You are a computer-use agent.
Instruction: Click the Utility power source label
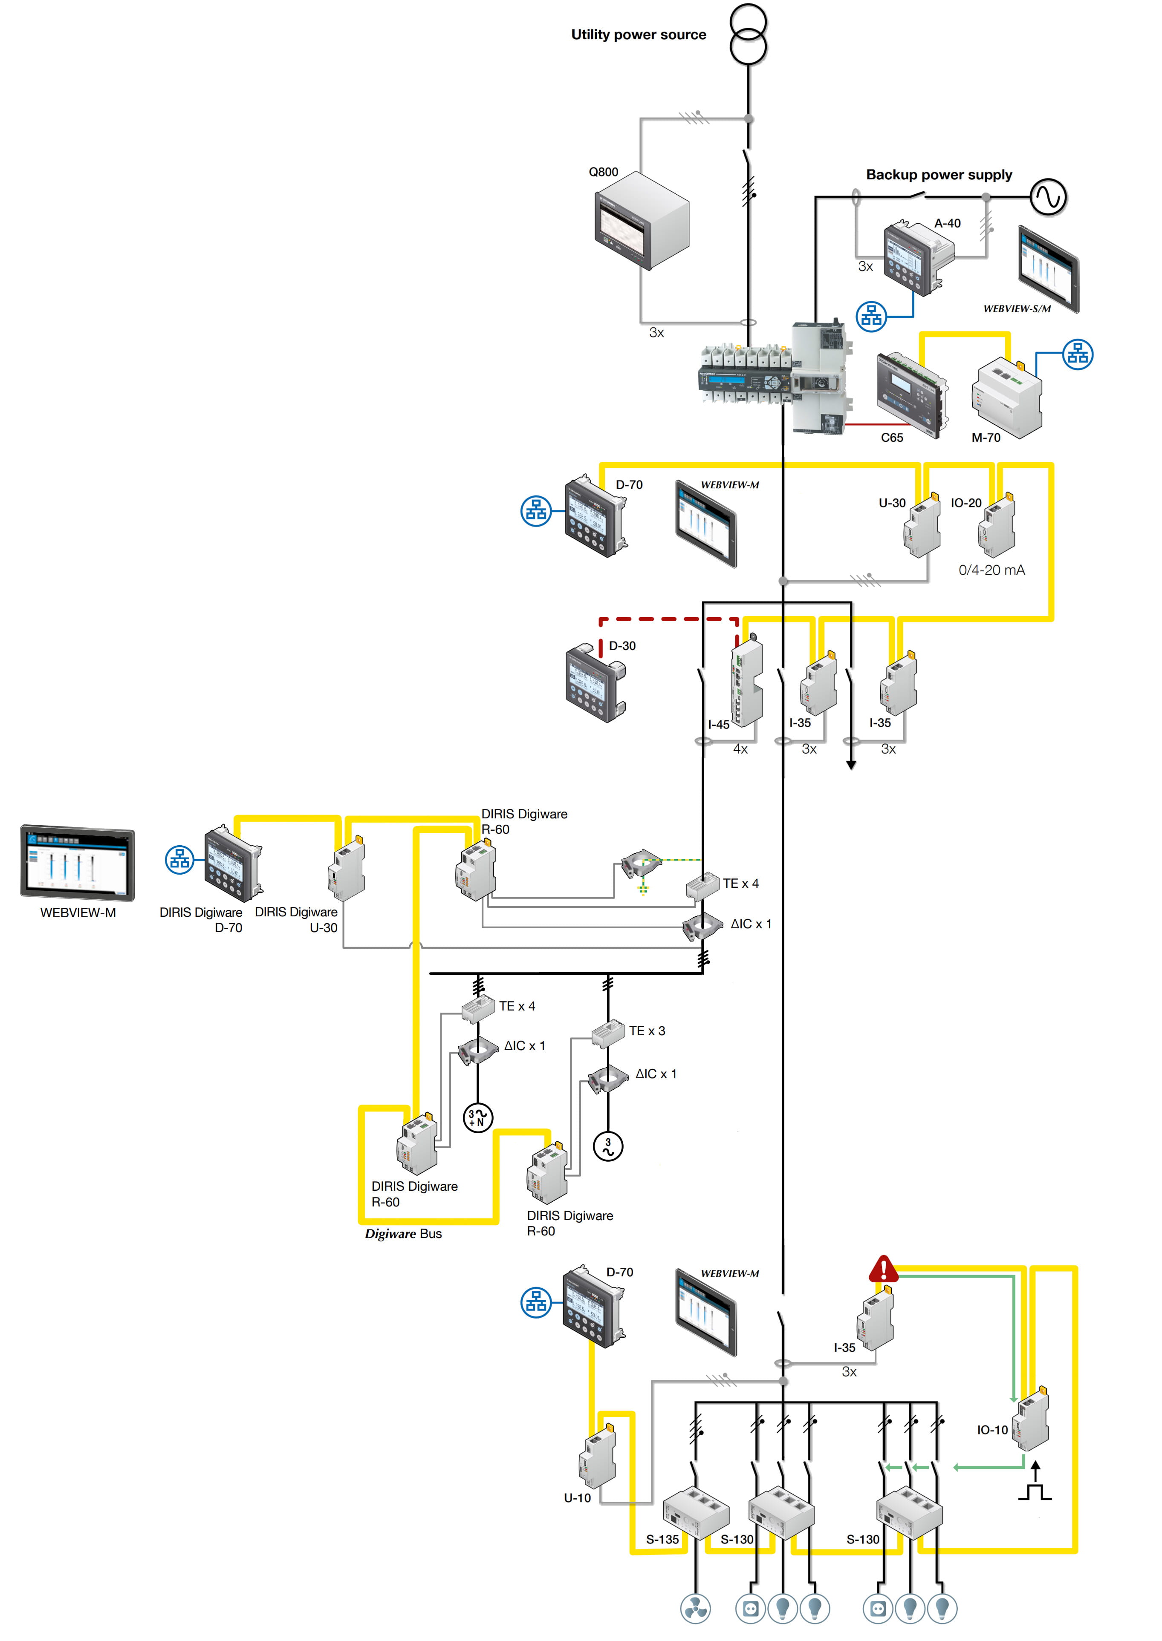coord(638,35)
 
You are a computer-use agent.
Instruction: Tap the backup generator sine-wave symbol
coord(1048,197)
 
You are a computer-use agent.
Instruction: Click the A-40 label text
coord(947,223)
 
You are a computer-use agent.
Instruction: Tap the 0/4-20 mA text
coord(991,570)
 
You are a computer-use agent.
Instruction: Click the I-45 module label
coord(718,724)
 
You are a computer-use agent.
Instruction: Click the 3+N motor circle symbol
coord(478,1117)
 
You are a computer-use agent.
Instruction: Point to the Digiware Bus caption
coord(404,1233)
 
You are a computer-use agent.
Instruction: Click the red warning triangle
coord(884,1269)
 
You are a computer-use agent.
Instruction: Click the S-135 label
coord(662,1540)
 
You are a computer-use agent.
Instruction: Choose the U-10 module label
coord(578,1498)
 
